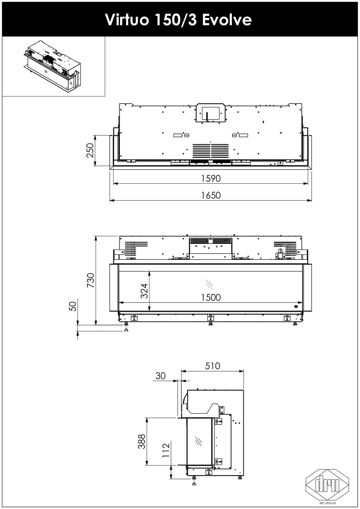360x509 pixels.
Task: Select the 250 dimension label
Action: tap(90, 150)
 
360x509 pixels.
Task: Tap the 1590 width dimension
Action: tap(211, 179)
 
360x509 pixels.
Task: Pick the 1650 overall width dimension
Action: tap(211, 195)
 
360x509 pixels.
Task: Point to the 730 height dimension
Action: tap(91, 280)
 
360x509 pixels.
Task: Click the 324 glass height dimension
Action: tap(144, 291)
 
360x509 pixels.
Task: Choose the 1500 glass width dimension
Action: tap(211, 297)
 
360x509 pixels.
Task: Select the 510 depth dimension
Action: tap(213, 366)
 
